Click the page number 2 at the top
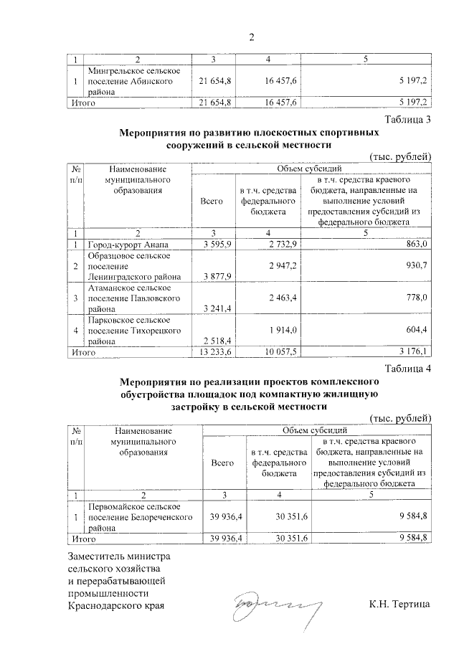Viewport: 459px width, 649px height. (251, 37)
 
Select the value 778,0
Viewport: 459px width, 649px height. (415, 295)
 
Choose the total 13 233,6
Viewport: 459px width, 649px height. (214, 352)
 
